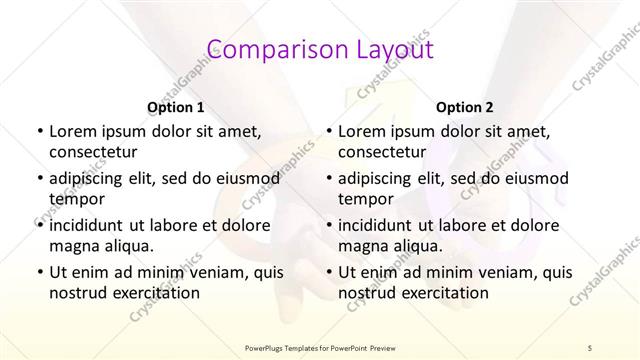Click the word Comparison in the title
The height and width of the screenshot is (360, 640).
pyautogui.click(x=264, y=49)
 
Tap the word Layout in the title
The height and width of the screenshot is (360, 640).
pyautogui.click(x=385, y=49)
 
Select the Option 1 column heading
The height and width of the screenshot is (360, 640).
pyautogui.click(x=176, y=107)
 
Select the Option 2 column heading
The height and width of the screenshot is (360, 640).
pyautogui.click(x=465, y=107)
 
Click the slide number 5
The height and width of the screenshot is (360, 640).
pyautogui.click(x=590, y=347)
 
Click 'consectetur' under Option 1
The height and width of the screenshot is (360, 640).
pyautogui.click(x=93, y=152)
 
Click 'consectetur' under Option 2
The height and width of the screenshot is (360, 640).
pyautogui.click(x=382, y=152)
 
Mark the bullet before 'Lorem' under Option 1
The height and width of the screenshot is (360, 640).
pyautogui.click(x=39, y=132)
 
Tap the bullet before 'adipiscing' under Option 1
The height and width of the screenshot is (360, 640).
pyautogui.click(x=39, y=179)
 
